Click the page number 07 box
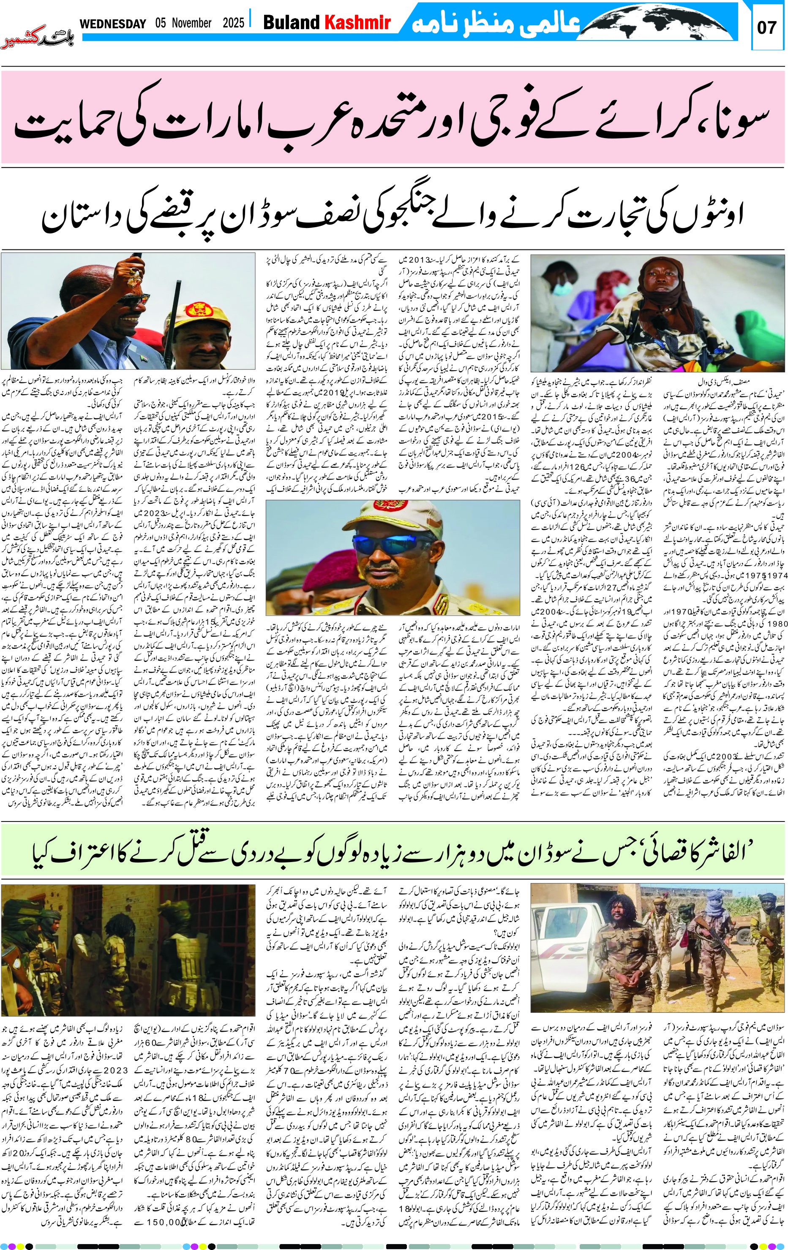click(x=767, y=27)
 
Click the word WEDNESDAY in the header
click(x=113, y=24)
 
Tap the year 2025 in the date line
click(x=233, y=23)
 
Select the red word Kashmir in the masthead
click(x=357, y=22)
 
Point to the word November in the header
click(x=191, y=23)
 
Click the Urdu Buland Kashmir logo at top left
click(x=38, y=38)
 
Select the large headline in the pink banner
click(x=393, y=117)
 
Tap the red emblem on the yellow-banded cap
click(x=199, y=310)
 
